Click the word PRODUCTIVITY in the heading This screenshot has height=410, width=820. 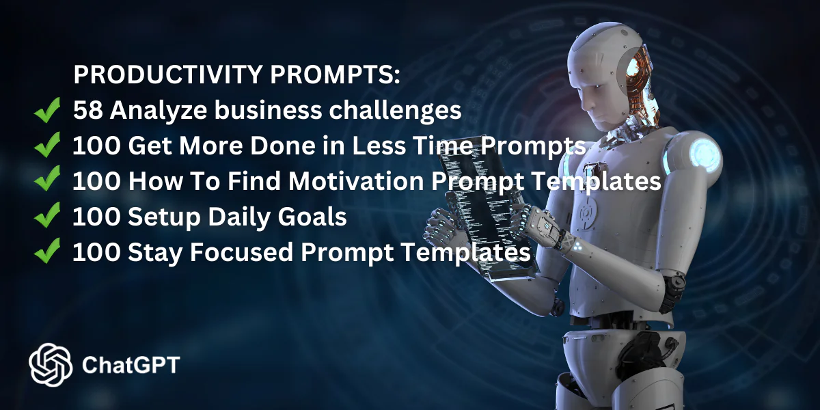[x=168, y=74]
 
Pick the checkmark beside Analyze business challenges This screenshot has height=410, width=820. [x=47, y=110]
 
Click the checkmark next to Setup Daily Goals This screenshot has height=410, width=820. [x=47, y=215]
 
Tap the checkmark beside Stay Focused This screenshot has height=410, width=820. [x=47, y=251]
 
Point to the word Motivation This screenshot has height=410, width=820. [x=356, y=181]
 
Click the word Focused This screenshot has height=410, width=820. [x=242, y=252]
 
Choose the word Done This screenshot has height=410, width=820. [x=283, y=146]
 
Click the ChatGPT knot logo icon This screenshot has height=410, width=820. [x=51, y=365]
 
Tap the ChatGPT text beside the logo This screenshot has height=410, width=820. [x=131, y=365]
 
